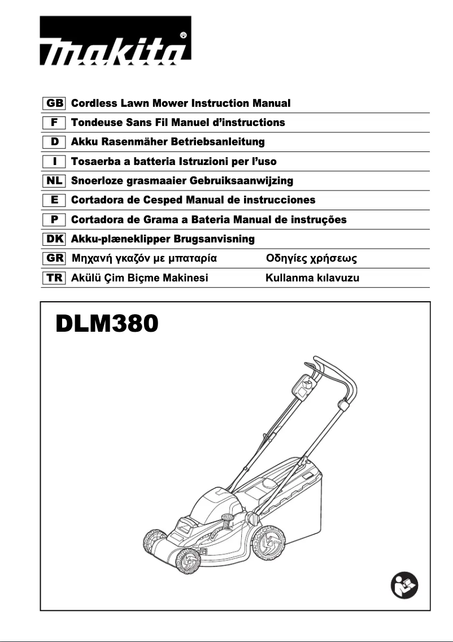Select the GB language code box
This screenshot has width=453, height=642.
click(54, 103)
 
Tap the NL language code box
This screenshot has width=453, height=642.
click(54, 181)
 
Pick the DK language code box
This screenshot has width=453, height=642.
click(54, 239)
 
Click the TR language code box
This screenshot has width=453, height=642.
click(54, 278)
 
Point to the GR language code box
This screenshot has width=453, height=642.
click(54, 259)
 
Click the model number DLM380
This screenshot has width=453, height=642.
click(107, 325)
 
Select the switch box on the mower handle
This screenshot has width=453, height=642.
click(303, 387)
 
